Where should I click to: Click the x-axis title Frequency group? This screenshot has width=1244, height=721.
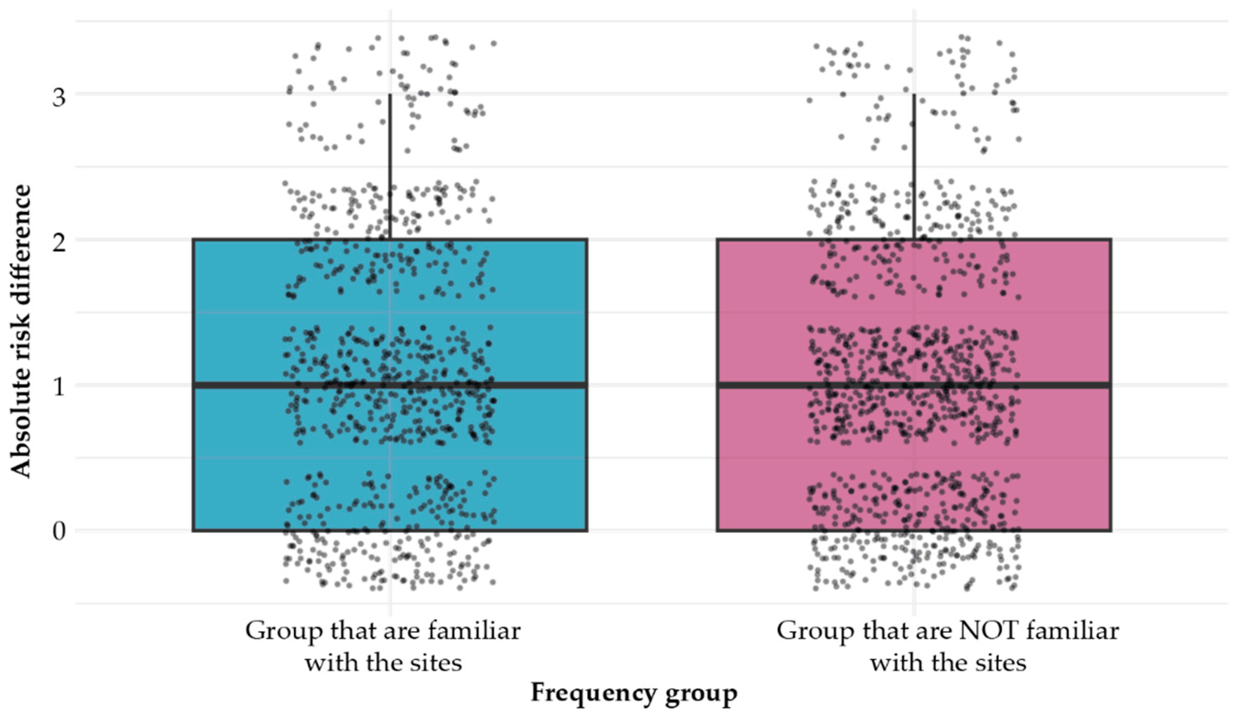634,693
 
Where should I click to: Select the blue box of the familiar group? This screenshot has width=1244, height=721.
237,459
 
